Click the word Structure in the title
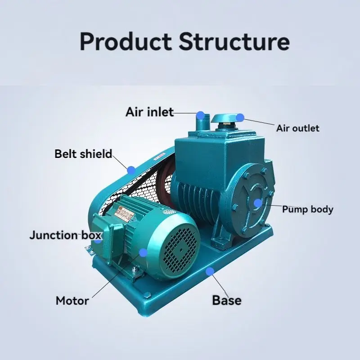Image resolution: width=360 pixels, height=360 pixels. (234, 41)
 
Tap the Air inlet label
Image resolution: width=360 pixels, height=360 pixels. (149, 112)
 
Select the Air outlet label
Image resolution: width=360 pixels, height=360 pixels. (297, 128)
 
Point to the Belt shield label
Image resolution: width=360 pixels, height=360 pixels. (83, 154)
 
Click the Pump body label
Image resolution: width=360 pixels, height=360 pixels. (308, 209)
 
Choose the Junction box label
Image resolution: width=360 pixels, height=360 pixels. (66, 235)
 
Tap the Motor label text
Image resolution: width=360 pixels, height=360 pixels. (72, 301)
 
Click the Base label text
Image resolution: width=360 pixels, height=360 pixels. (226, 300)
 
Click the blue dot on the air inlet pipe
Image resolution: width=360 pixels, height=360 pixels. (201, 115)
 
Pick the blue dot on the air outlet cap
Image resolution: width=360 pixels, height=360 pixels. (240, 117)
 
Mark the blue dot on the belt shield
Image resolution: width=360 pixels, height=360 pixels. (131, 170)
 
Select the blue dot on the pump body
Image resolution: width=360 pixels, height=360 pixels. (257, 203)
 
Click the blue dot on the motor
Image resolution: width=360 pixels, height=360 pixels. (143, 253)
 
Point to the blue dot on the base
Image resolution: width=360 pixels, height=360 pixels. (210, 270)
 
